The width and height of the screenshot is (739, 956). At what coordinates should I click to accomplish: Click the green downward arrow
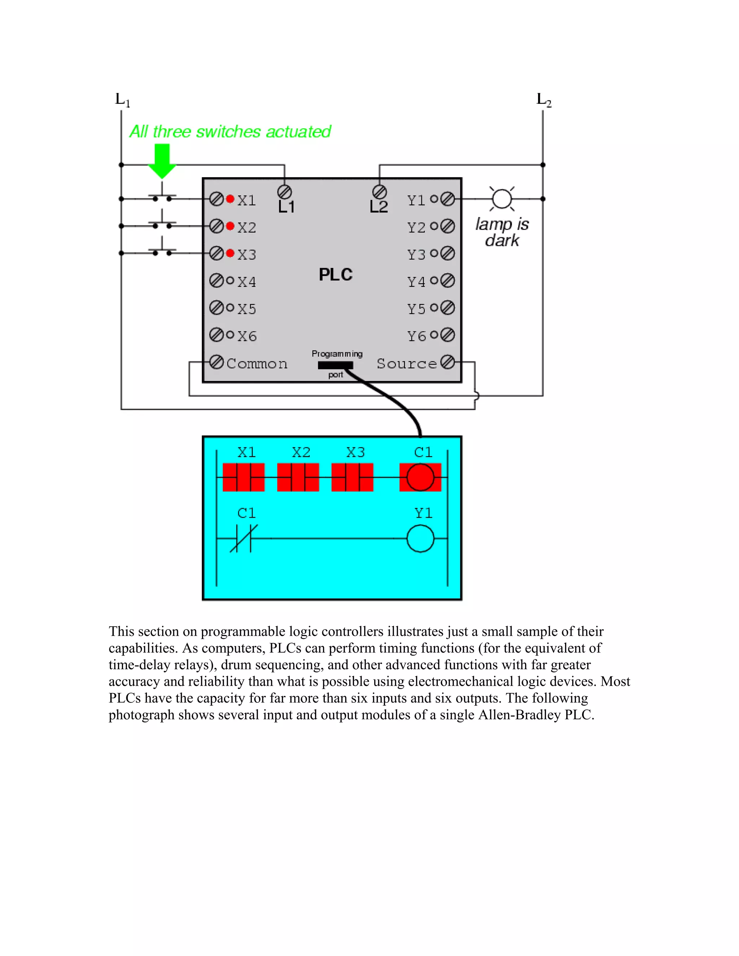coord(162,161)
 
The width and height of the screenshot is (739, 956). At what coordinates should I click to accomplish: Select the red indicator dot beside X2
coord(230,226)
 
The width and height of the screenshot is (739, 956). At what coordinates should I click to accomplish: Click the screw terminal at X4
coord(216,281)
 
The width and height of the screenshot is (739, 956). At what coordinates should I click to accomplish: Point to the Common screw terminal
coord(216,362)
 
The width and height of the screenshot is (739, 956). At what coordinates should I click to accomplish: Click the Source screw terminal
coord(447,362)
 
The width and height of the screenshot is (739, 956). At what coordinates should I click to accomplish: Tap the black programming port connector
coord(335,365)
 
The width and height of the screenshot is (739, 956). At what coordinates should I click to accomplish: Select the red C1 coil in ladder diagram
coord(420,477)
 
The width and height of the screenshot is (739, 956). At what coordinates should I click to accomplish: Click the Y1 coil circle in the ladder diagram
coord(420,538)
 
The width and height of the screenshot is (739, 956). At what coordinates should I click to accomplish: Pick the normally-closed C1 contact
coord(244,538)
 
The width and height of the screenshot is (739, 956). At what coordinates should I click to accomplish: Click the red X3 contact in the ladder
coord(353,477)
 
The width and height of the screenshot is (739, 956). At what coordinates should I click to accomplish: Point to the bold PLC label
coord(335,275)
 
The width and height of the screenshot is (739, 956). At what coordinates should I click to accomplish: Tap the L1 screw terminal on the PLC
coord(285,192)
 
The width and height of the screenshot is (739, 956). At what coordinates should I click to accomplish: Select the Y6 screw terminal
coord(447,335)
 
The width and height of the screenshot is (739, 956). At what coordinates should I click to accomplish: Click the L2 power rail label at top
coord(544,100)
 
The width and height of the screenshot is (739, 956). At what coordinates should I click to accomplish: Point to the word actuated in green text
coord(298,132)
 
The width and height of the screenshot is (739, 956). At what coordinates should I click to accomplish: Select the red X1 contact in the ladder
coord(244,477)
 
